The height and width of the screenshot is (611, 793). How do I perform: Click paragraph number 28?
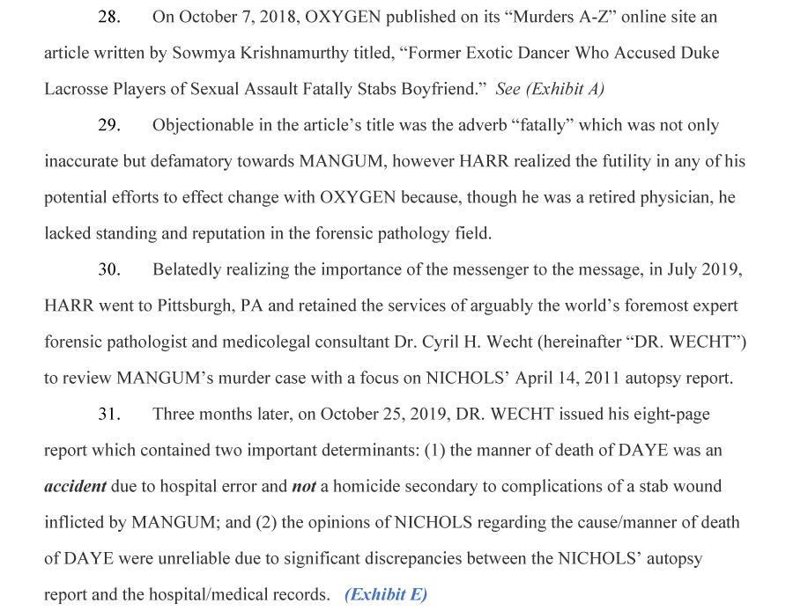click(109, 17)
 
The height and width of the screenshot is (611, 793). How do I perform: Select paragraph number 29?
click(109, 125)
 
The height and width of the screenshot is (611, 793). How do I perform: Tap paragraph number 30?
click(109, 269)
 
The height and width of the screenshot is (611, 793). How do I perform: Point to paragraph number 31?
click(109, 414)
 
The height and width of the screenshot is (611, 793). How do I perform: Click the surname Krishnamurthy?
click(322, 53)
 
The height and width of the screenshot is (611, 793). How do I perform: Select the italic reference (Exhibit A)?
click(550, 89)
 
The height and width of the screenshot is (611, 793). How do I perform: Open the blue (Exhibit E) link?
click(386, 594)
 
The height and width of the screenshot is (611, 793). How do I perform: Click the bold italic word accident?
click(75, 486)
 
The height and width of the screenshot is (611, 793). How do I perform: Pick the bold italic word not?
click(303, 486)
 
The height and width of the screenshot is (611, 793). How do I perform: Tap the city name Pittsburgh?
click(191, 305)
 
